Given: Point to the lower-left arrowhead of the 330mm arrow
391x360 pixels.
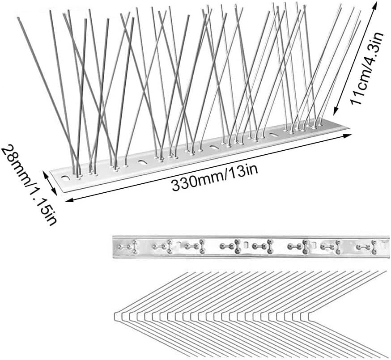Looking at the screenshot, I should click(67, 201).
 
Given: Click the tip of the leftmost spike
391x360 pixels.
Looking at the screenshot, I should click(18, 18).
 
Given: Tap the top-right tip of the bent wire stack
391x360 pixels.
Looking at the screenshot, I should click(386, 271).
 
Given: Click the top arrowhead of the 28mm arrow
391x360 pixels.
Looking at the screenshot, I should click(44, 172).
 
